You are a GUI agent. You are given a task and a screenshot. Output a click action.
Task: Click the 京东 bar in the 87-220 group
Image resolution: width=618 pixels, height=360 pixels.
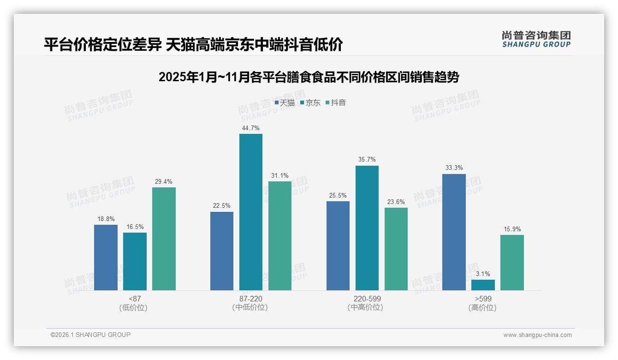[x=250, y=212]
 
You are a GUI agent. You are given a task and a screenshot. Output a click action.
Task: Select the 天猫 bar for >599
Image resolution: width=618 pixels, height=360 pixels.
[x=454, y=232]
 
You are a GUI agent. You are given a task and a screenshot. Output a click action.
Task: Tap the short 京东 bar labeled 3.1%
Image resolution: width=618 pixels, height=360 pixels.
[x=483, y=285]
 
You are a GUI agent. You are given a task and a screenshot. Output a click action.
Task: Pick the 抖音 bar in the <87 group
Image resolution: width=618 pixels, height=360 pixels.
[x=164, y=239]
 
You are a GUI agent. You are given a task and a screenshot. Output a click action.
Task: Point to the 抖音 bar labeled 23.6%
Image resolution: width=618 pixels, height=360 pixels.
[x=396, y=249]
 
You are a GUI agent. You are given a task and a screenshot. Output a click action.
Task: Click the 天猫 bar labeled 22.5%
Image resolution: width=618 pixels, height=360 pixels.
[x=221, y=251]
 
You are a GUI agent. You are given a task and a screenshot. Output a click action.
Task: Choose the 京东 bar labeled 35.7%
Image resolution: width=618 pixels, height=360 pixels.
[x=367, y=228]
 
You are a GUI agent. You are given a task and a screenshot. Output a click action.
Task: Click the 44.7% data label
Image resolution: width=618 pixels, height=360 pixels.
[x=250, y=128]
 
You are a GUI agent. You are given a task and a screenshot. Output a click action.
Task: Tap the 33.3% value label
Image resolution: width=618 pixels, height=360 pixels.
[x=454, y=168]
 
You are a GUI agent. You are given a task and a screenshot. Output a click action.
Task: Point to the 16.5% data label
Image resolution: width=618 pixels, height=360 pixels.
[x=135, y=227]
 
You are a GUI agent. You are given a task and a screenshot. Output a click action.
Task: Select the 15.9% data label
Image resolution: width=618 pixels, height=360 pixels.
[x=512, y=229]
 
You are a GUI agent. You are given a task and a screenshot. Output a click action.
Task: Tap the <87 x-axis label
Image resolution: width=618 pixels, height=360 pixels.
[x=135, y=299]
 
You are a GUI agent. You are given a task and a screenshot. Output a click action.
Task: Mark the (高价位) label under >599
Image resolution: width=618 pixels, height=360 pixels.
[x=483, y=307]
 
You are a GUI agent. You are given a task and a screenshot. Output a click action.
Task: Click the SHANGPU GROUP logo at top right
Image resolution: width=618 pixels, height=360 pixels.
[x=536, y=39]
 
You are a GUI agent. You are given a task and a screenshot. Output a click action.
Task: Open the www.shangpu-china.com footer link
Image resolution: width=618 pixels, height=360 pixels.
[x=537, y=335]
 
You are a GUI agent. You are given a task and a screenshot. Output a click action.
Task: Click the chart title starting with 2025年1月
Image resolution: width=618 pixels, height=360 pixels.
[x=309, y=77]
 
